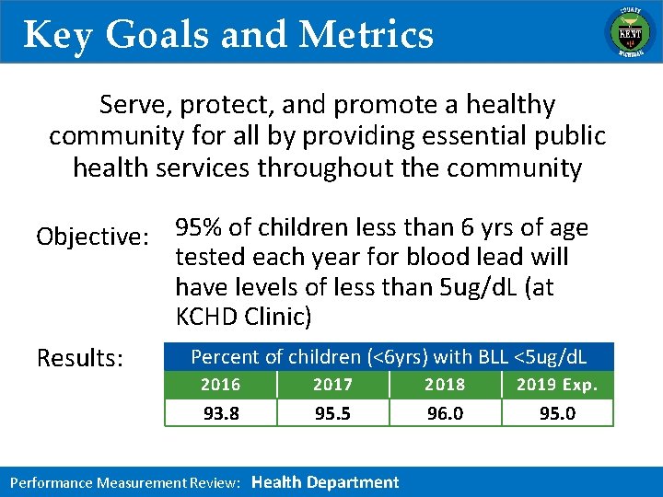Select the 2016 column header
point(220,385)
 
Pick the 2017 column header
point(332,385)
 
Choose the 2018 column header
point(445,385)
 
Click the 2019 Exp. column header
point(557,385)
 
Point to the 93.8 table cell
point(220,413)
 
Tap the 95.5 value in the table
point(332,413)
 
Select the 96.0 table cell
point(445,413)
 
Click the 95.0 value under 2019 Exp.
point(557,413)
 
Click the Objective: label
point(93,237)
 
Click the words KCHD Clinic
point(243,317)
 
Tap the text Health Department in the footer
point(325,482)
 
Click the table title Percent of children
point(276,356)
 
